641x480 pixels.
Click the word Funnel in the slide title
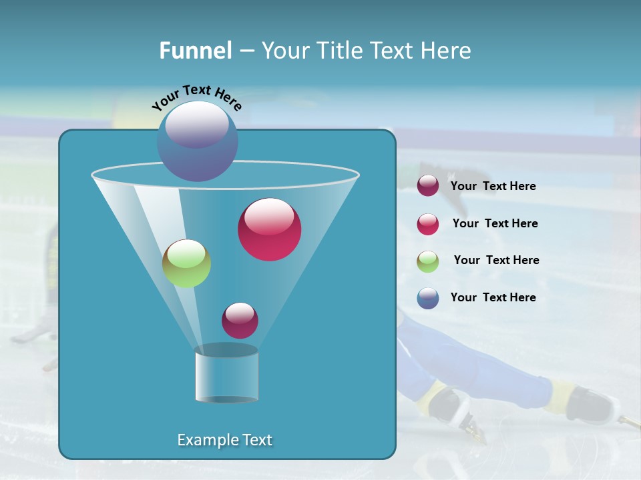pos(196,51)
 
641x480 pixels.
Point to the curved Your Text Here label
pos(197,96)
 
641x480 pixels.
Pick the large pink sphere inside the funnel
pos(269,229)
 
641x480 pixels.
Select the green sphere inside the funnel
pos(186,263)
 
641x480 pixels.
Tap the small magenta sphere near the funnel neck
pos(240,321)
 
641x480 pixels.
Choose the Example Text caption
pos(224,440)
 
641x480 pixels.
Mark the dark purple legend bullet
pos(428,186)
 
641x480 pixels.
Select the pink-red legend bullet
pos(428,224)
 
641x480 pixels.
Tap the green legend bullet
pos(428,261)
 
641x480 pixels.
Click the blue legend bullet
pos(428,298)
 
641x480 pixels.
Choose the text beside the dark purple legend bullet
pos(493,186)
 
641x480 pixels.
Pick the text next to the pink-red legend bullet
pos(495,223)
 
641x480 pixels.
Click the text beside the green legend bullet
pos(496,260)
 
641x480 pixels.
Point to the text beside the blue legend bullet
pos(493,297)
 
